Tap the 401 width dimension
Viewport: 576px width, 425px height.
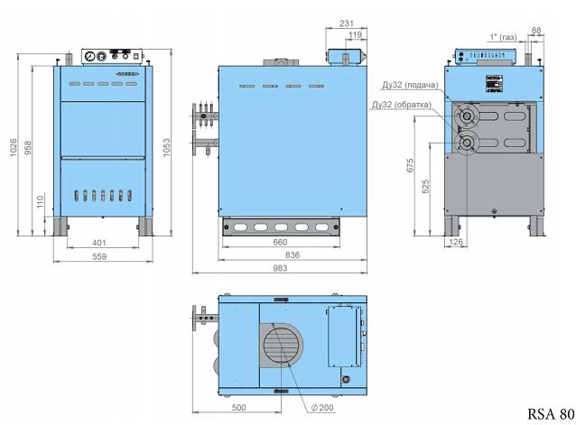[x=100, y=243]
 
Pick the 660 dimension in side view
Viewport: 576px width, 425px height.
[x=280, y=242]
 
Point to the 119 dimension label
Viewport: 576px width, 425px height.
[x=355, y=35]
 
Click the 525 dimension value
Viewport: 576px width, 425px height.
[x=426, y=187]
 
